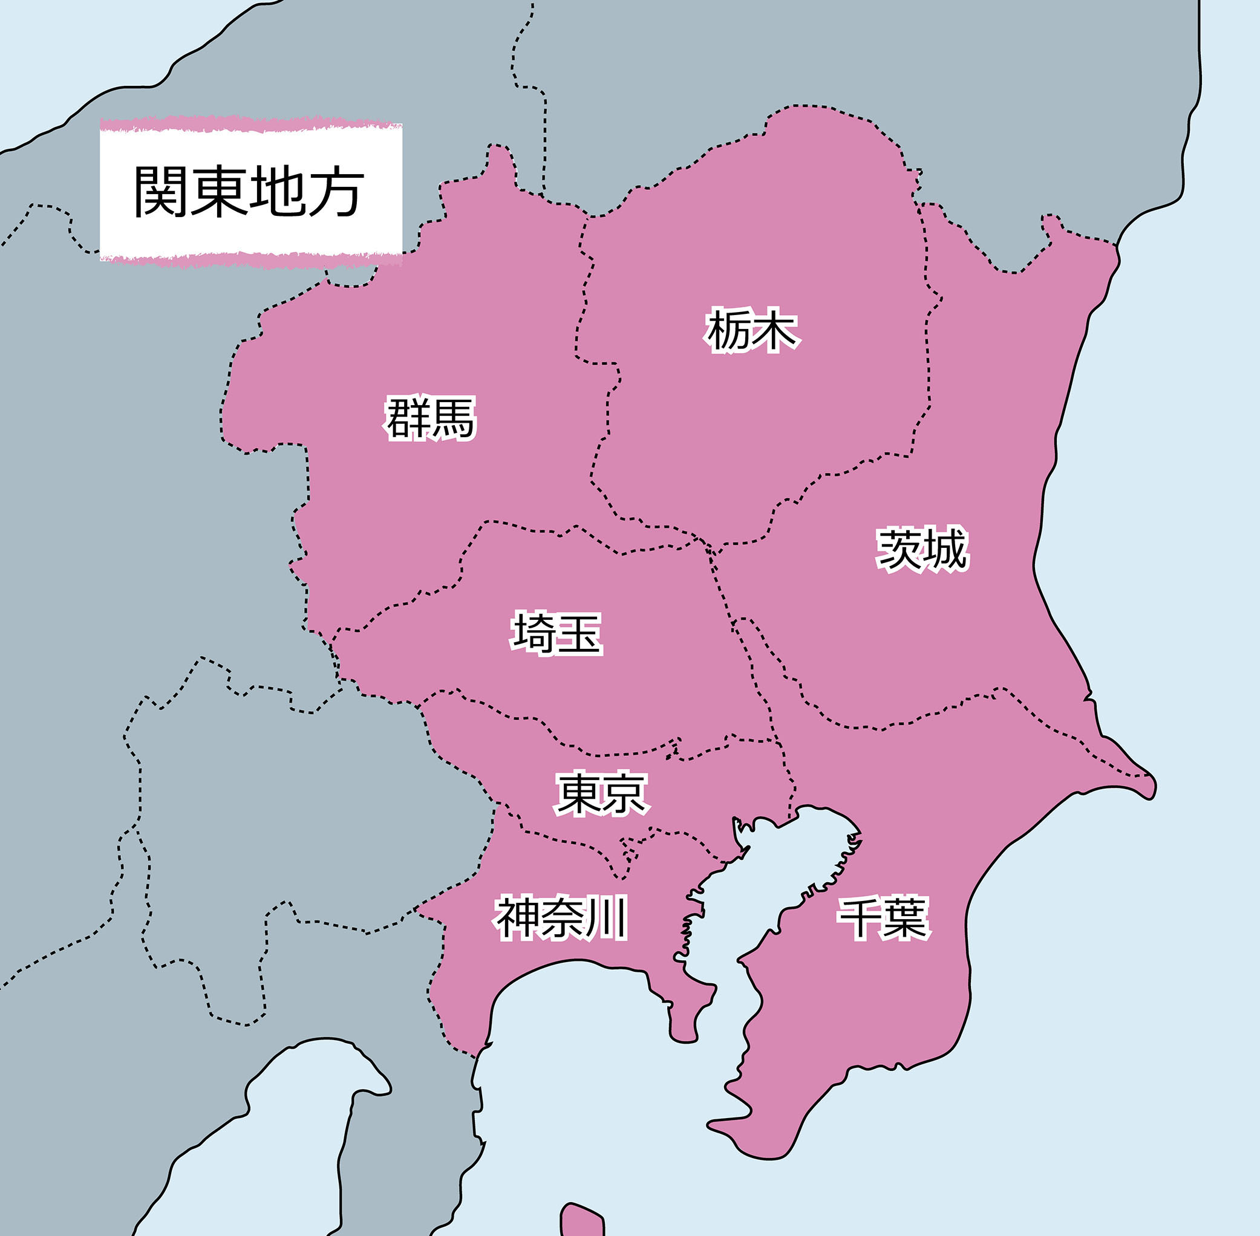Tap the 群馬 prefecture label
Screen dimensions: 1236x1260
point(431,418)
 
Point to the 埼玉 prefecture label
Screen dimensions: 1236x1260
point(557,633)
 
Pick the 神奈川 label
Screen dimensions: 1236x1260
point(562,918)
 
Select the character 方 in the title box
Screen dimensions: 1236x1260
point(336,192)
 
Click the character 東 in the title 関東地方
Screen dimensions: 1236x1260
point(219,192)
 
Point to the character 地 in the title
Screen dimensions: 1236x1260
point(277,192)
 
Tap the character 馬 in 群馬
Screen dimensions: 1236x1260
point(452,418)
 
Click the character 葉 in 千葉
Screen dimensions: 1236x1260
point(907,918)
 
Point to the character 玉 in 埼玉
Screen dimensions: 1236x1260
point(579,633)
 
